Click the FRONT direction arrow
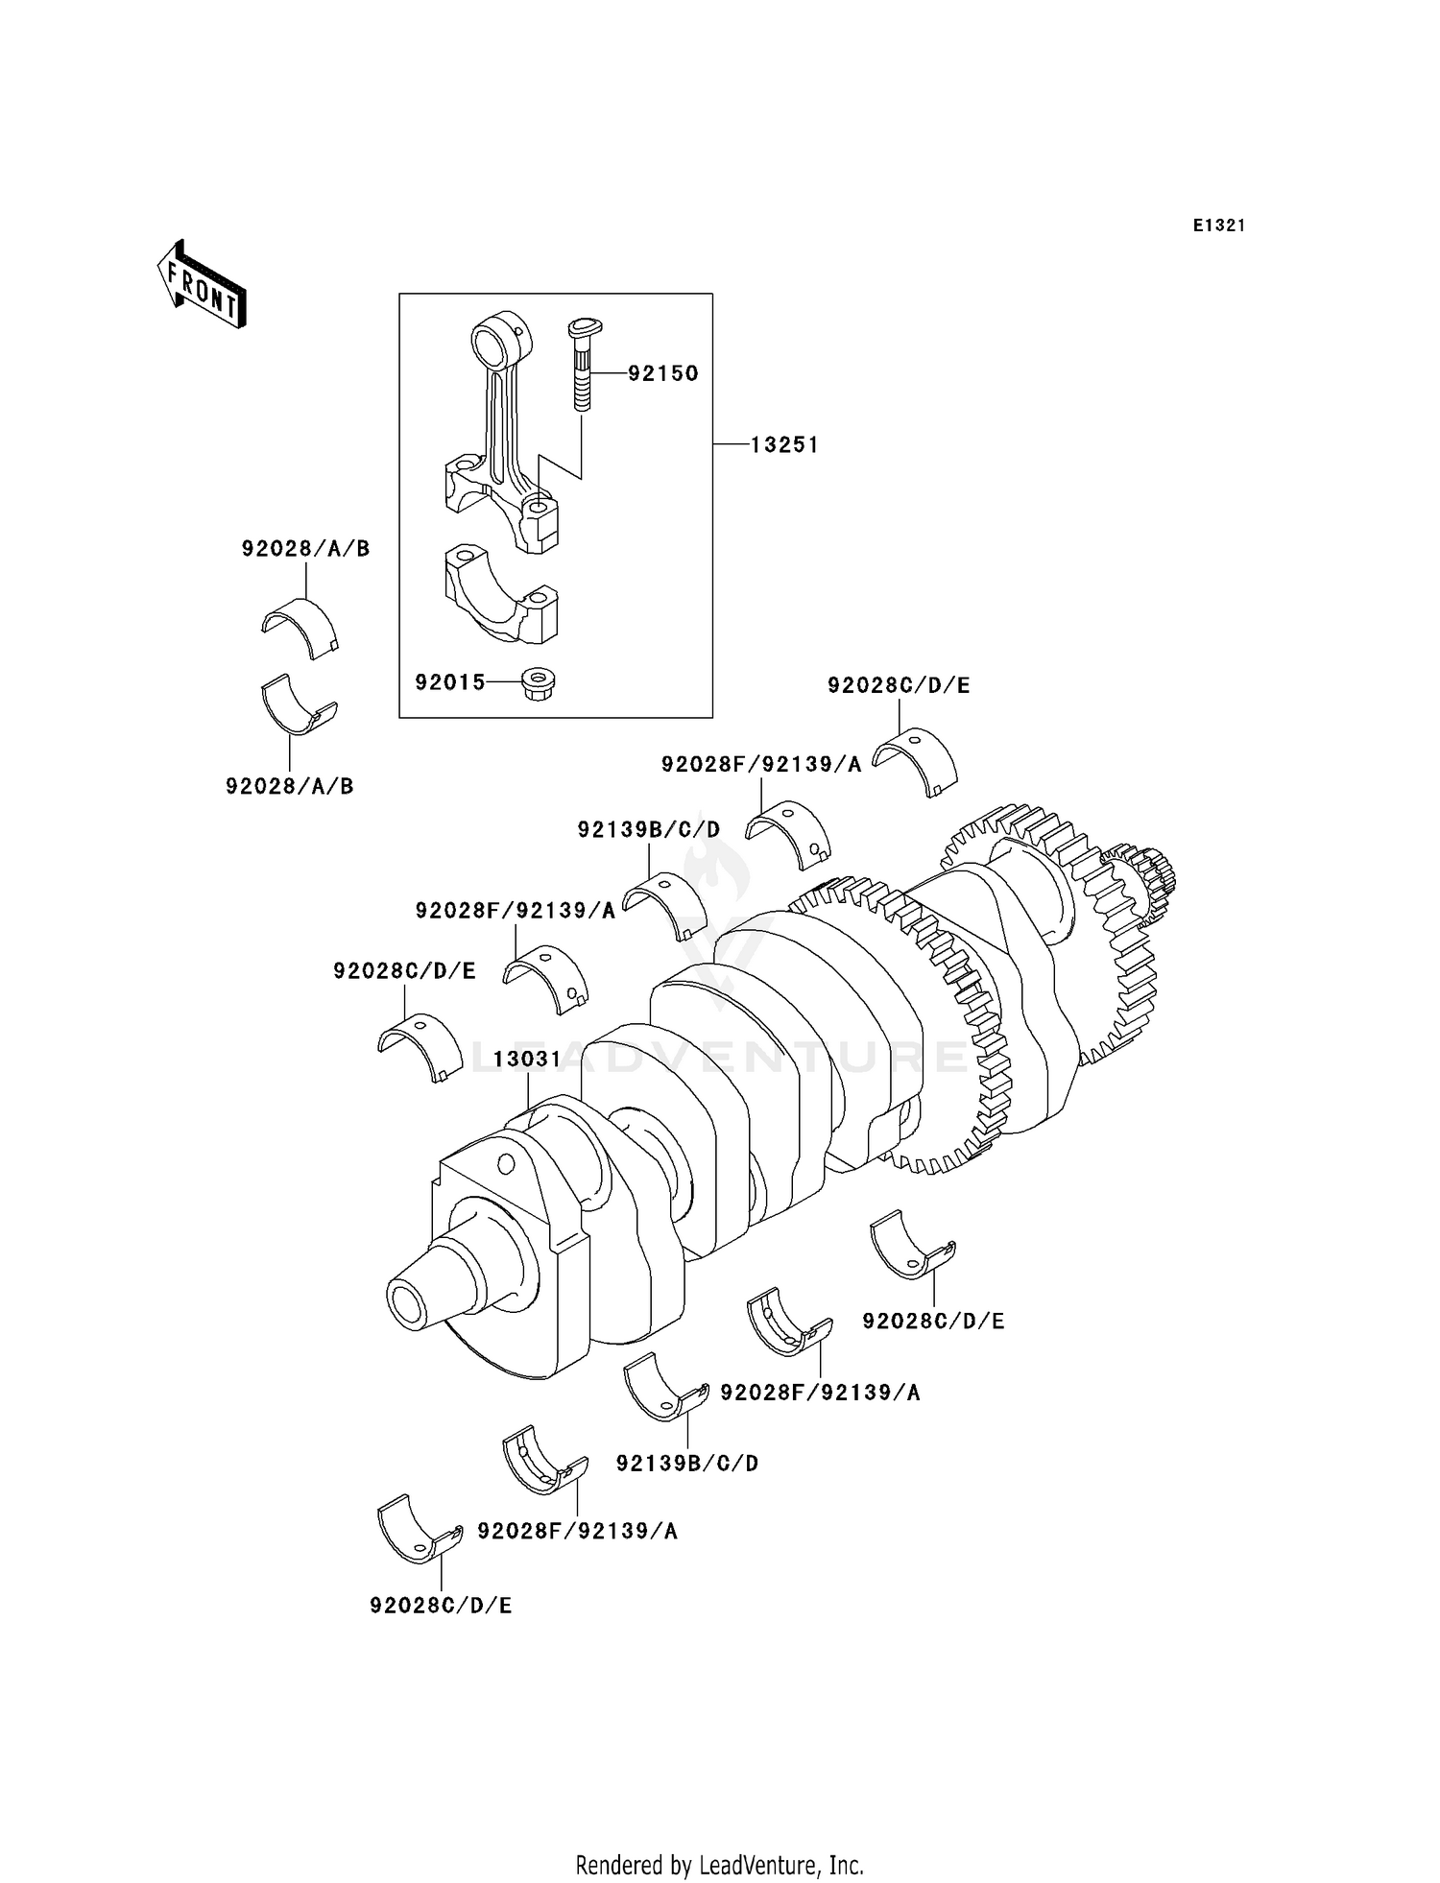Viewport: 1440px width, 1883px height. (x=203, y=286)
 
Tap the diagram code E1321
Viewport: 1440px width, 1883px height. (x=1218, y=226)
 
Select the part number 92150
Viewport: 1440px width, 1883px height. (x=663, y=373)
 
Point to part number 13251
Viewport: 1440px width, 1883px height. (x=784, y=444)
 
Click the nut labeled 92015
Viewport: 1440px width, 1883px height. (x=539, y=683)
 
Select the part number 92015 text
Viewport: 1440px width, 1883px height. (x=450, y=682)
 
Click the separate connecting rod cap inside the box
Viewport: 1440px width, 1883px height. (x=500, y=594)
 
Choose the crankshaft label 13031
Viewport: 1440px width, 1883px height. (x=527, y=1059)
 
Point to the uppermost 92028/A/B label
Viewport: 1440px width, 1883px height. (x=305, y=549)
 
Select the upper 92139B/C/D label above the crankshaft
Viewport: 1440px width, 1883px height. (x=648, y=828)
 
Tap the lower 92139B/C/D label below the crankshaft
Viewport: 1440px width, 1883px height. (x=686, y=1463)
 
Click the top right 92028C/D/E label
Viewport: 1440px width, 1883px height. (x=899, y=685)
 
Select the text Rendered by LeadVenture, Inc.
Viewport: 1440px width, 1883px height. (x=719, y=1865)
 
